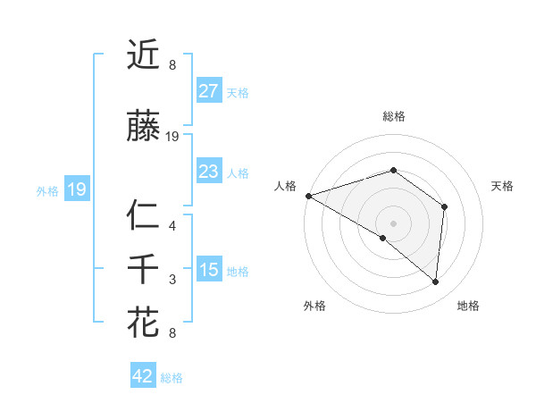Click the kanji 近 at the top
[x=143, y=55]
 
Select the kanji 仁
[x=143, y=217]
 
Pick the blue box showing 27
[x=209, y=91]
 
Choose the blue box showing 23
[x=209, y=172]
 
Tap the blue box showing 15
[x=209, y=270]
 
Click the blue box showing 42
[x=143, y=376]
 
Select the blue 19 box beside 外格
[x=77, y=189]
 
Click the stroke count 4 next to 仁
[x=172, y=226]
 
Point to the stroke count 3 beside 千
[x=172, y=280]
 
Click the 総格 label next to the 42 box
[x=172, y=378]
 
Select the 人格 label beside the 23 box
[x=238, y=172]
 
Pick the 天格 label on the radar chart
[x=502, y=186]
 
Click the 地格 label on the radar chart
[x=468, y=307]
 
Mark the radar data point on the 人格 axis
[x=308, y=195]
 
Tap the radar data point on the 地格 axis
[x=436, y=282]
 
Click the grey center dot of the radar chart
[x=393, y=223]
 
